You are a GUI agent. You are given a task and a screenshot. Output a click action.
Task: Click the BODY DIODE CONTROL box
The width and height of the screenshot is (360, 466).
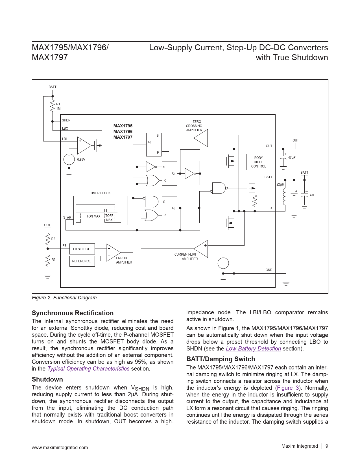point(258,162)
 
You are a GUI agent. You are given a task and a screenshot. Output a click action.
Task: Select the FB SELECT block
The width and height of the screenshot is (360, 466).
point(82,249)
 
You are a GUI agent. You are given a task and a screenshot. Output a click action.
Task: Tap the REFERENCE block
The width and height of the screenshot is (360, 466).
point(82,261)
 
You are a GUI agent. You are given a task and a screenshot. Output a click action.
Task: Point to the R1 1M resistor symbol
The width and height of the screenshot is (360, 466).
point(53,106)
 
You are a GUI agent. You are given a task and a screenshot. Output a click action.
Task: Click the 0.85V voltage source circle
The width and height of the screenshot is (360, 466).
point(69,159)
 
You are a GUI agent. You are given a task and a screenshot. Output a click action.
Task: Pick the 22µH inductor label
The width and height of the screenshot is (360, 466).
point(280,184)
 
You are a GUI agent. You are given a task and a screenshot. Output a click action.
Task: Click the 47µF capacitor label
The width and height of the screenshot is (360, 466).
point(292,158)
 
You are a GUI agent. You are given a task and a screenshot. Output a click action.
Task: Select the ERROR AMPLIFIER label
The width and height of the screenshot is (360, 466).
point(124,260)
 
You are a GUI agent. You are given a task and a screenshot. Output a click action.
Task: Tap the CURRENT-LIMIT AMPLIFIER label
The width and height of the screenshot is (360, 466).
point(186,256)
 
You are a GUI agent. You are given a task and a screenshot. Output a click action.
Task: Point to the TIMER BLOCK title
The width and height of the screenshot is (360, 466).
point(100,193)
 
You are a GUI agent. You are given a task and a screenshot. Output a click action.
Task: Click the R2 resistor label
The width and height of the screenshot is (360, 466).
point(53,239)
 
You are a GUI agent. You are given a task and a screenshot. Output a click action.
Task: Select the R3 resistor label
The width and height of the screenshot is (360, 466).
point(53,260)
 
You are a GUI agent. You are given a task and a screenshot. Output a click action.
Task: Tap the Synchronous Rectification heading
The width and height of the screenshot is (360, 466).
point(73,313)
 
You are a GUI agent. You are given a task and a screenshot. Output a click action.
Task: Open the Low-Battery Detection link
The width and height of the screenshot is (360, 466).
point(253,349)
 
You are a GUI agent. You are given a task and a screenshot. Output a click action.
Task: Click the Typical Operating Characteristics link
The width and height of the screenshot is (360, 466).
point(88,369)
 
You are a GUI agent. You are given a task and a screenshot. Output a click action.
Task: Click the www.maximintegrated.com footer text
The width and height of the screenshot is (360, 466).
point(60,447)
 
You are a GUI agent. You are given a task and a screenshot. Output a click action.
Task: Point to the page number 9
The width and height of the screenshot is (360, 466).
point(327,446)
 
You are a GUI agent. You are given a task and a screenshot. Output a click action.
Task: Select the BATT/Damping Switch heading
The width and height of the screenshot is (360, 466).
point(221,359)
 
